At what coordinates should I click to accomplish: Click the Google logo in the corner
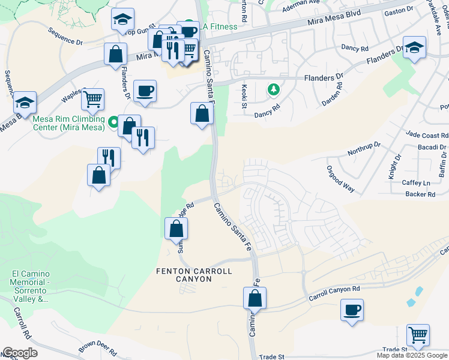pyautogui.click(x=20, y=353)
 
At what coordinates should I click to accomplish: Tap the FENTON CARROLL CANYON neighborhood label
pyautogui.click(x=194, y=277)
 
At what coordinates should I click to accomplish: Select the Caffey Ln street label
pyautogui.click(x=417, y=182)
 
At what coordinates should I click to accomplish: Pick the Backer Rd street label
pyautogui.click(x=420, y=194)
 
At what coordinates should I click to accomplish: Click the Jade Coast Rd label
pyautogui.click(x=426, y=135)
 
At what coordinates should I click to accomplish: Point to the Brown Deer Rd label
pyautogui.click(x=97, y=348)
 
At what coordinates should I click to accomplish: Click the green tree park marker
pyautogui.click(x=274, y=89)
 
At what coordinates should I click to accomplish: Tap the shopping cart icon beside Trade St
pyautogui.click(x=418, y=334)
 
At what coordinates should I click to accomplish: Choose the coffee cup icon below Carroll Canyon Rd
pyautogui.click(x=352, y=310)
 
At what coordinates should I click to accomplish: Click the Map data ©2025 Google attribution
pyautogui.click(x=411, y=355)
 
